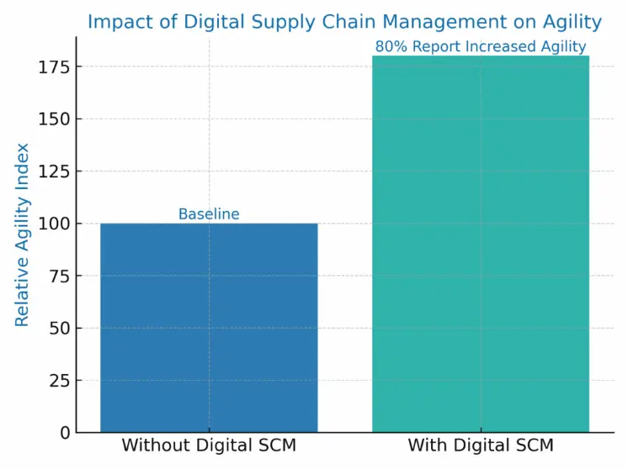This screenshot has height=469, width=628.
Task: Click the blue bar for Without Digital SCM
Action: [x=209, y=328]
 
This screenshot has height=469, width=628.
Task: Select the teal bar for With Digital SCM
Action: [x=481, y=244]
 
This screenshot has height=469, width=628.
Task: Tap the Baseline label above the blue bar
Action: [x=209, y=214]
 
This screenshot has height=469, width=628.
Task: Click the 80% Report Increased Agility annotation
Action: [x=481, y=46]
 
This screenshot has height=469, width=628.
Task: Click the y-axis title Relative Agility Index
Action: [x=23, y=234]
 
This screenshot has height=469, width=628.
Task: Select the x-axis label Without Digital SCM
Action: [x=209, y=445]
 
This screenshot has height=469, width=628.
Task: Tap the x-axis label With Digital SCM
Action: [x=481, y=445]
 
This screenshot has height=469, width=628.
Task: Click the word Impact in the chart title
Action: [x=116, y=22]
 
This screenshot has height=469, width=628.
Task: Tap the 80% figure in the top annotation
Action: [x=391, y=46]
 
